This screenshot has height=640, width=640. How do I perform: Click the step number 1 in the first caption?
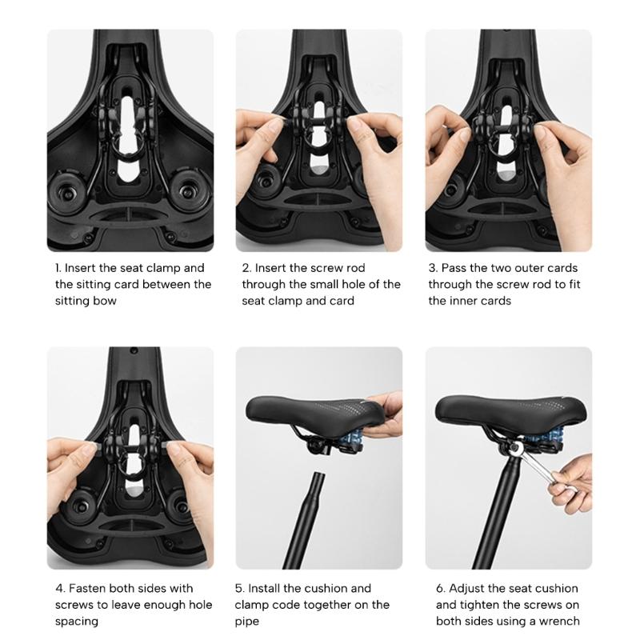[x=58, y=268]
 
